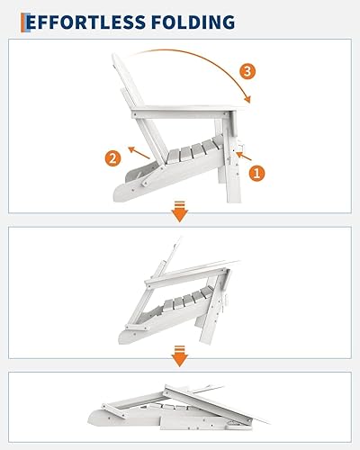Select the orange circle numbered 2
[112, 159]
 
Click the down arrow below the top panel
[180, 213]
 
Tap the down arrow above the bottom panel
[180, 358]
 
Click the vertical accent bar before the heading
[26, 21]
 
